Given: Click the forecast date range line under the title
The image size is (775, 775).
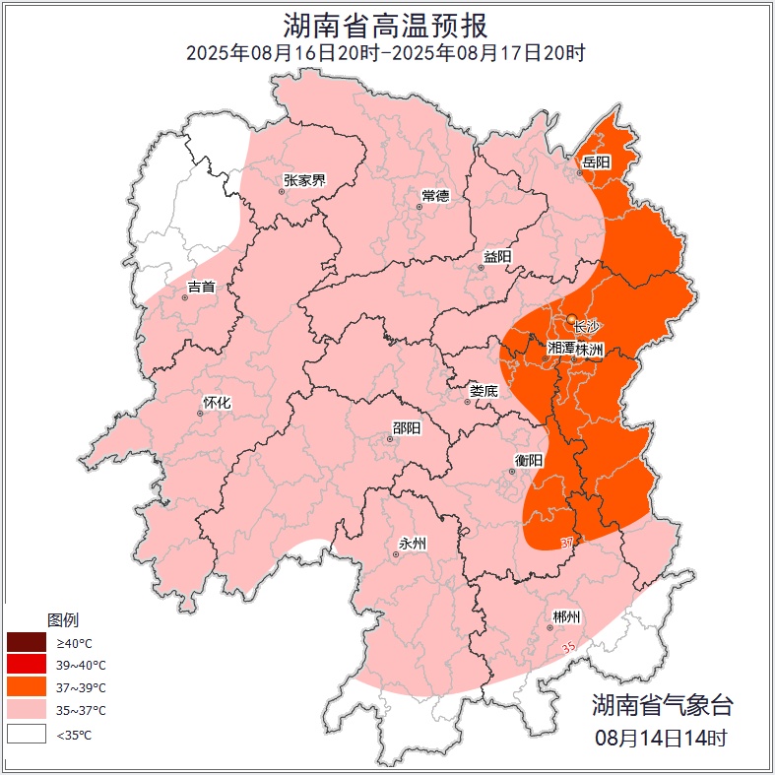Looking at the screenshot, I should (386, 53).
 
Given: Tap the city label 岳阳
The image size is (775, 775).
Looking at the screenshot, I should (596, 161).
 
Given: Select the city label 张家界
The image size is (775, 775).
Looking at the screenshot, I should (304, 180).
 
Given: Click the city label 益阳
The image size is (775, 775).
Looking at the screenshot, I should (497, 256).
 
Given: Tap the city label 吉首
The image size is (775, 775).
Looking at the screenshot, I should (201, 287).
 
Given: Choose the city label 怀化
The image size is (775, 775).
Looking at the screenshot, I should (216, 402).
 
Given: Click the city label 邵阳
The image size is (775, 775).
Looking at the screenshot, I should (406, 427).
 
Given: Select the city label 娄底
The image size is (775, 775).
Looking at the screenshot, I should (484, 390).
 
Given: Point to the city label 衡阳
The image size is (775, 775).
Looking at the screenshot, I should (528, 460).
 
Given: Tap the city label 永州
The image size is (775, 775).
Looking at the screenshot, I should (412, 544).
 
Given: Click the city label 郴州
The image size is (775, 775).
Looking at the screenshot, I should (566, 616).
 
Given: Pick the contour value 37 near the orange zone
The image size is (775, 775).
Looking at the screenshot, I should (567, 543).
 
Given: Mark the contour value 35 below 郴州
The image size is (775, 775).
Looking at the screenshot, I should (567, 646).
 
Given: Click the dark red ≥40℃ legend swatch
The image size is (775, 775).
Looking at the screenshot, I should (27, 642).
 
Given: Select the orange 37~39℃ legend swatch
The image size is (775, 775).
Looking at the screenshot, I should (27, 687).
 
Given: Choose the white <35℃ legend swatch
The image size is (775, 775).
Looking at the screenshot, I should (27, 734).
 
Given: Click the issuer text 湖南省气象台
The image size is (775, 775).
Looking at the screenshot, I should (662, 705).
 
